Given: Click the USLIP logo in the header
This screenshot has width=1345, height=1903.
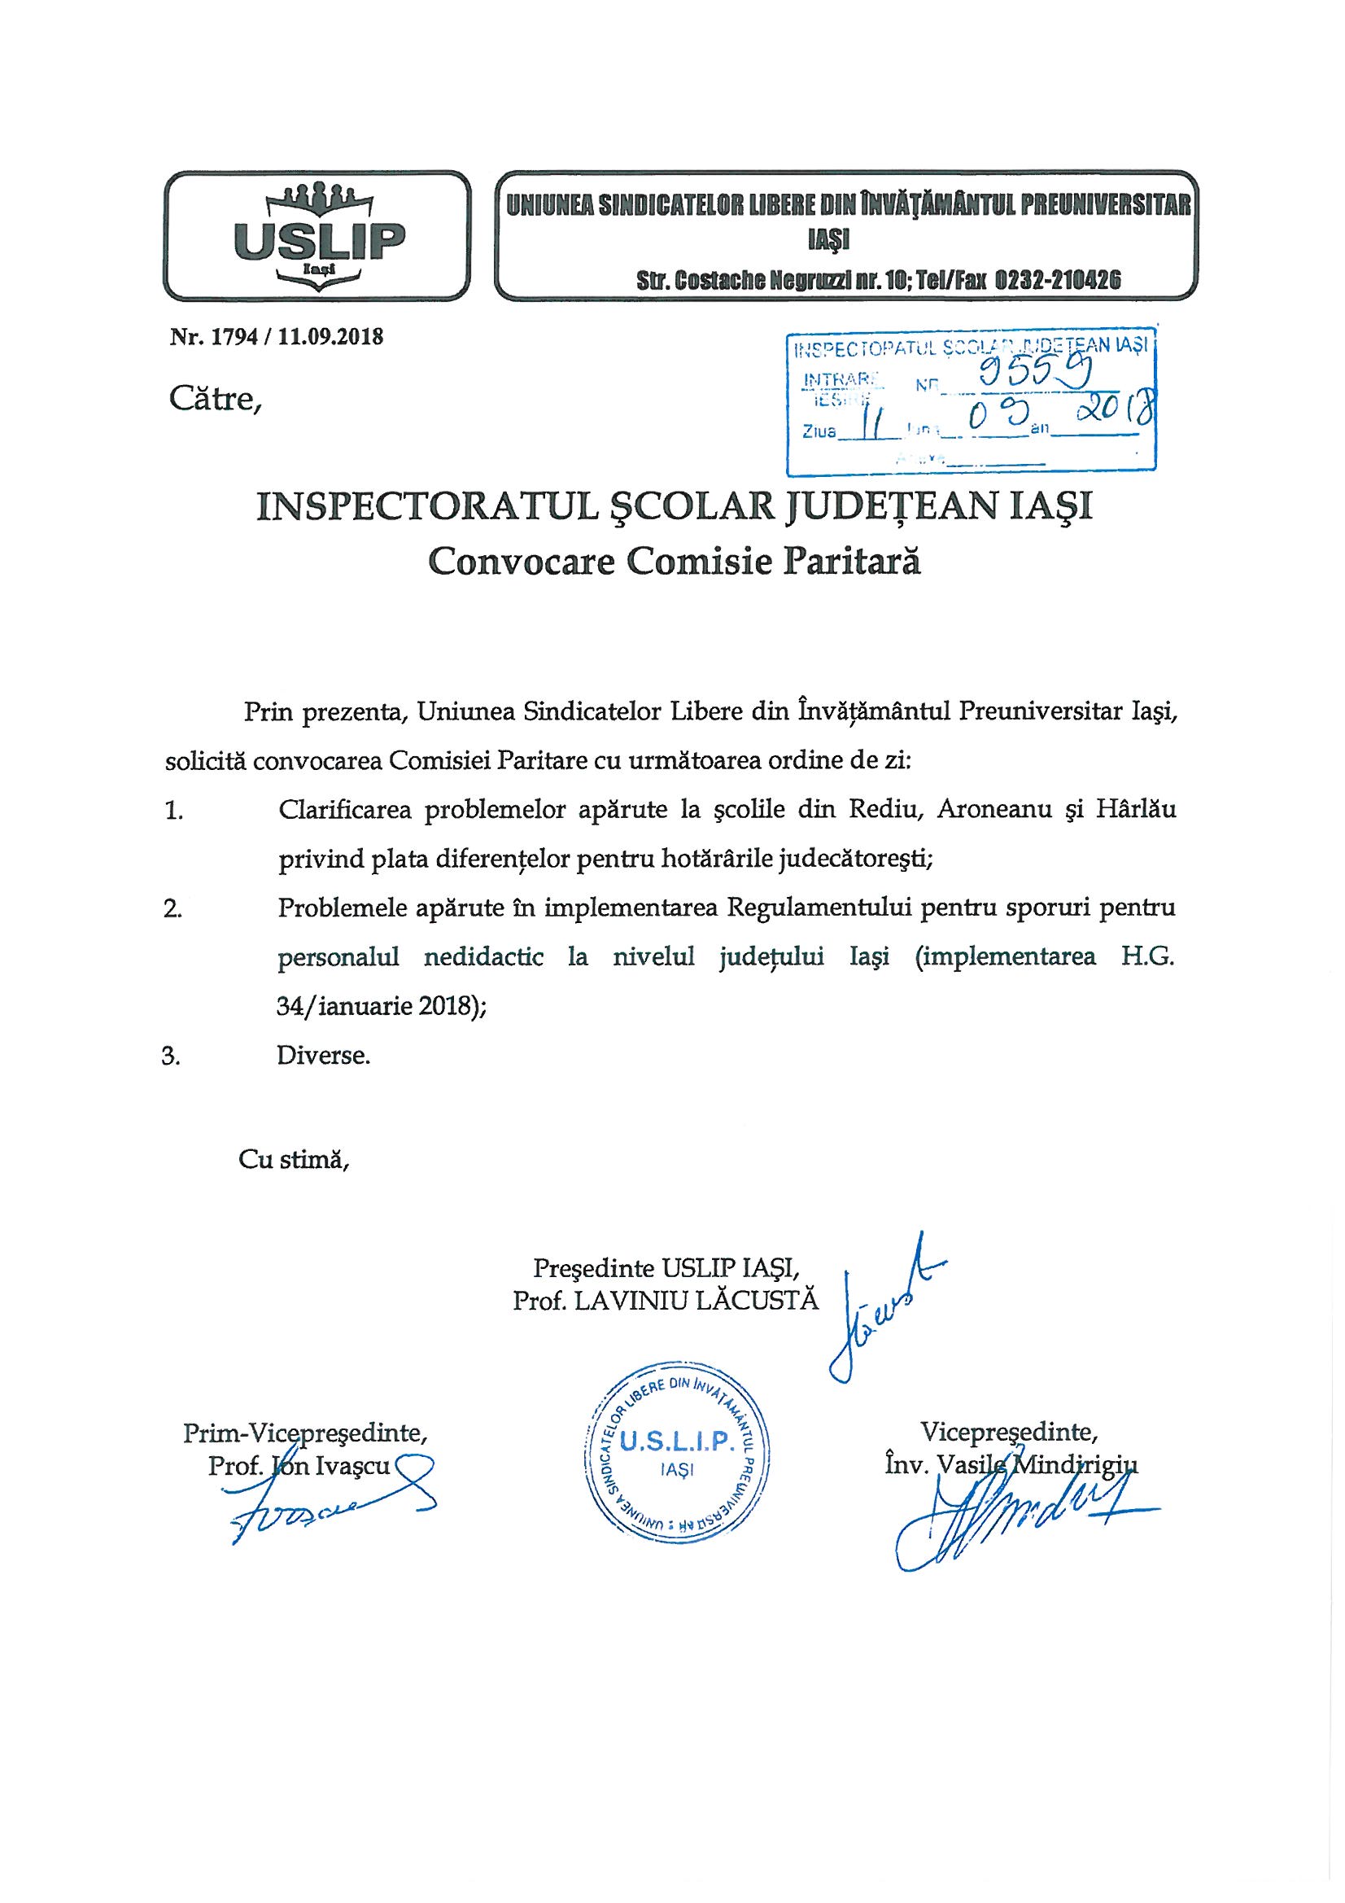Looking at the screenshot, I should point(317,235).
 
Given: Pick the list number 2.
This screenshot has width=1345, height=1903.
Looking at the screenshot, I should point(173,908).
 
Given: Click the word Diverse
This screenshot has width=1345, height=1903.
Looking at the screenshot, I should point(324,1056).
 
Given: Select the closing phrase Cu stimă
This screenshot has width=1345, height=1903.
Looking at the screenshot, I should point(295,1159).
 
